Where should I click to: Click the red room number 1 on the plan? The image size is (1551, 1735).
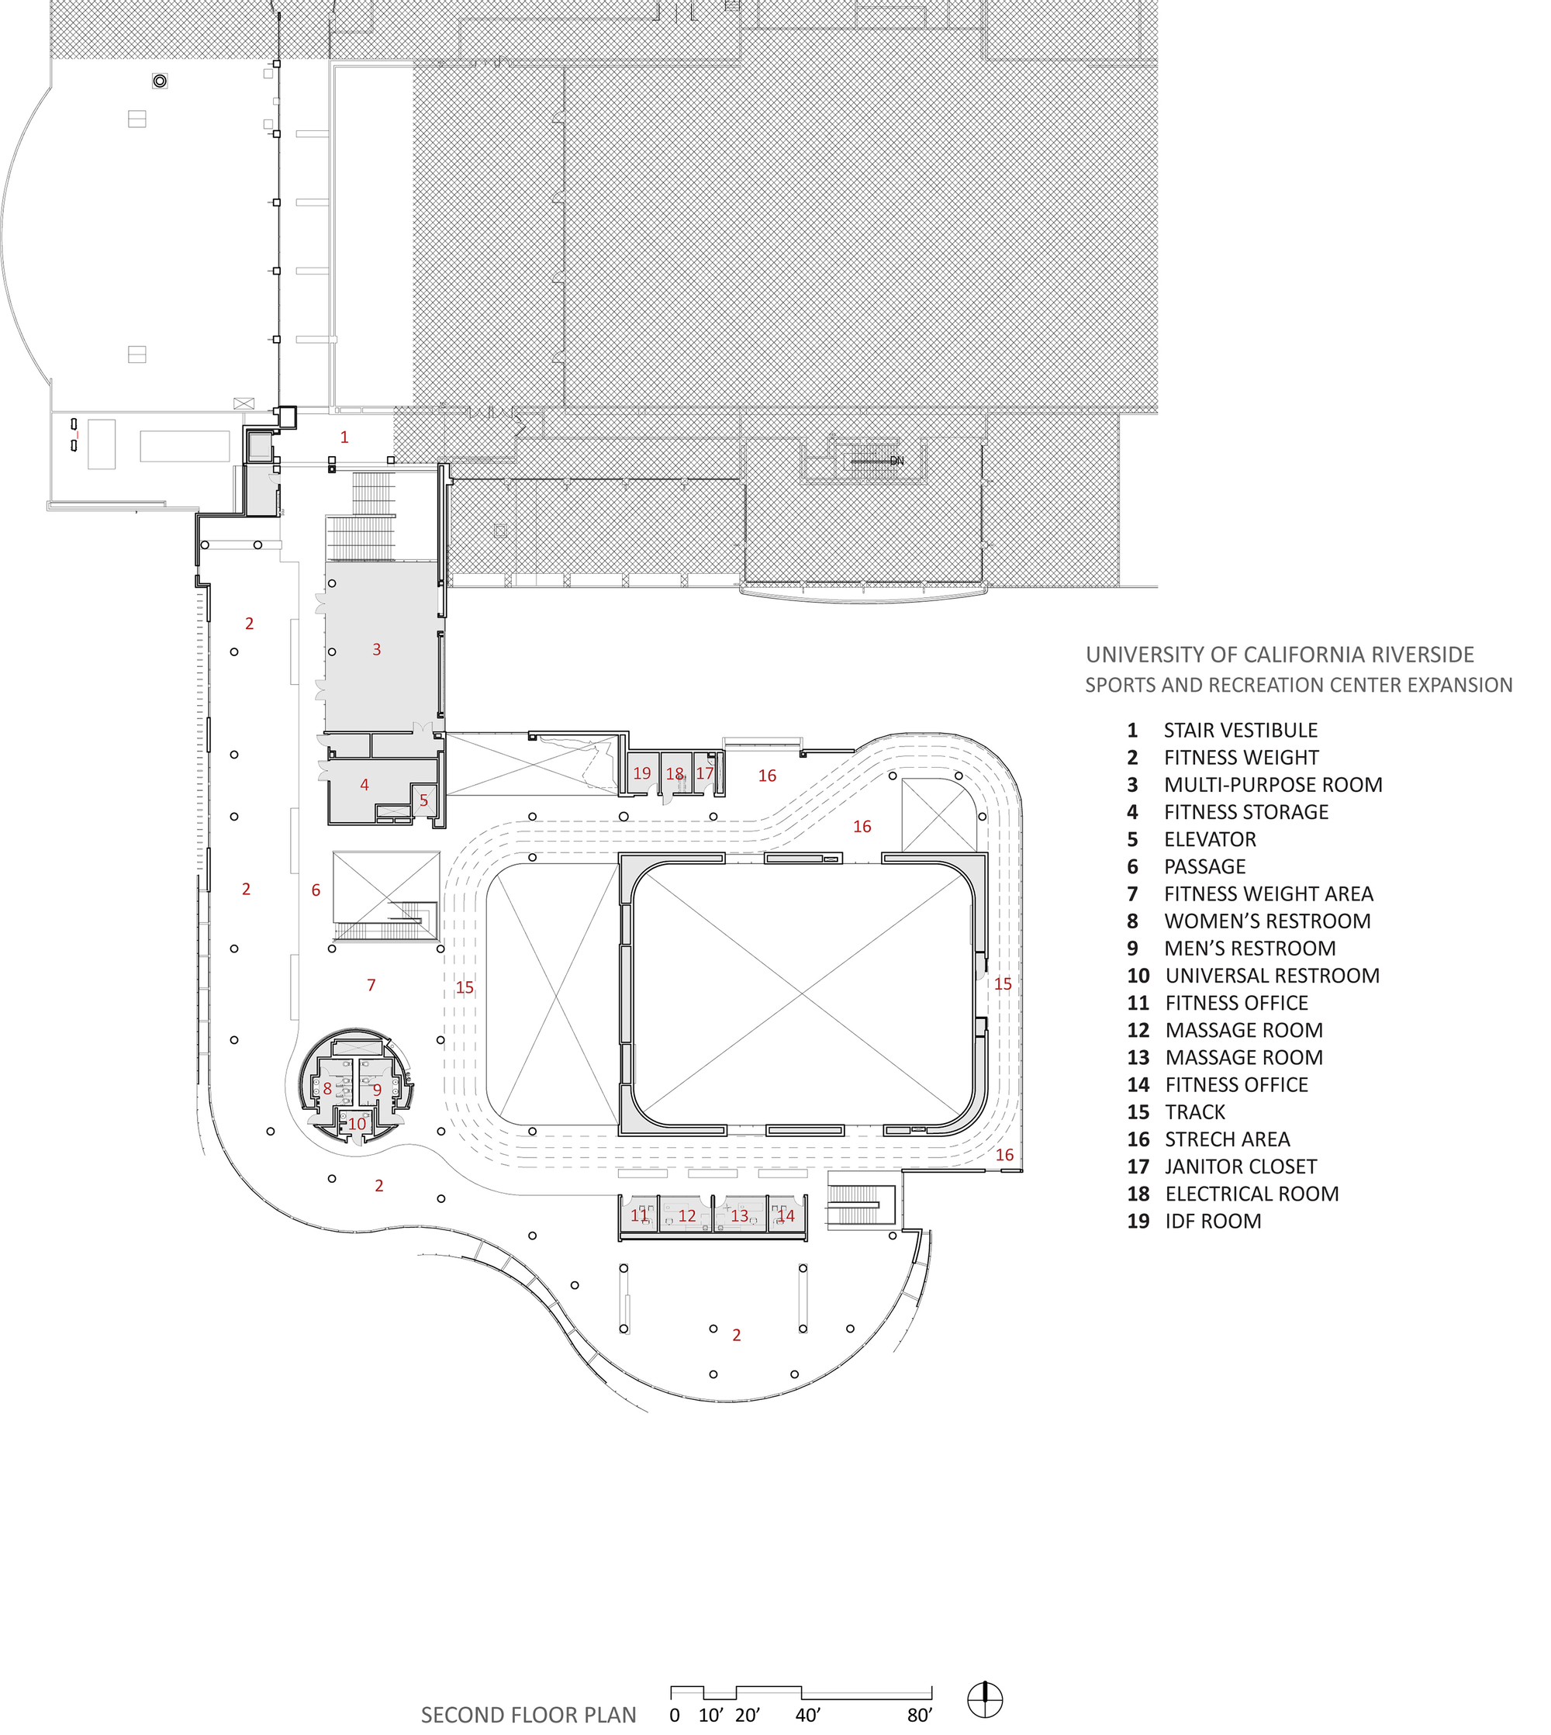tap(344, 437)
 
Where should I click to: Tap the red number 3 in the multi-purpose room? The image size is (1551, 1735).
tap(377, 649)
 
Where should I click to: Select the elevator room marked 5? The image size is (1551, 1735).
tap(423, 800)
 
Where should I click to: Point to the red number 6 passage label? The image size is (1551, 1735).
tap(316, 890)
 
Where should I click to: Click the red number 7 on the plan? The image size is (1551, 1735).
tap(371, 985)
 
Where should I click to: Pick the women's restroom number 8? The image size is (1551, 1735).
tap(327, 1088)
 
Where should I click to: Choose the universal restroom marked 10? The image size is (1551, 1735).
tap(357, 1124)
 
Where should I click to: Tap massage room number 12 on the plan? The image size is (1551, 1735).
tap(687, 1216)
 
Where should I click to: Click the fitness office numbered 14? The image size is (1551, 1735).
tap(786, 1216)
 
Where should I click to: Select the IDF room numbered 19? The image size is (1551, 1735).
tap(641, 773)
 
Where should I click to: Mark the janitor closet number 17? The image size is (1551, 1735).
tap(705, 773)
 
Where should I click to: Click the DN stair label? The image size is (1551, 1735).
tap(896, 461)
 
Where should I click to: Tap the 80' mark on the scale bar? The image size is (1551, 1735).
tap(920, 1716)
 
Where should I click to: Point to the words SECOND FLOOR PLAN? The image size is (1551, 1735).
tap(528, 1715)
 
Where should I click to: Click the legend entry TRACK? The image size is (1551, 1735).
tap(1195, 1112)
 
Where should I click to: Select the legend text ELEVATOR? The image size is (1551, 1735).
tap(1210, 839)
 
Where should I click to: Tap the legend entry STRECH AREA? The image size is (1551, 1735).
tap(1227, 1139)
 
